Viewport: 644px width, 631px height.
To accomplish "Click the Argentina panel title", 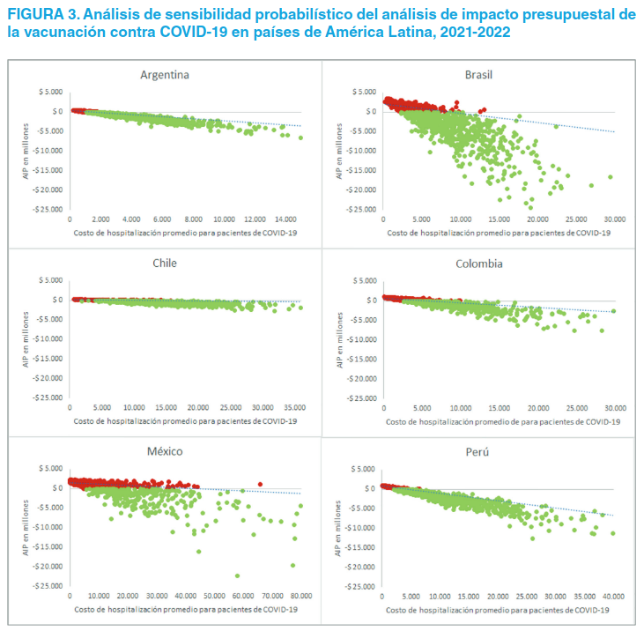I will tap(165, 74).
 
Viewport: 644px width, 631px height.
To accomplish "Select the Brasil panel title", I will tap(478, 74).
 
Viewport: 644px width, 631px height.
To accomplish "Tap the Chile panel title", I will tap(165, 263).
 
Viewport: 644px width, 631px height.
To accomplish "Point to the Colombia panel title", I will tap(478, 263).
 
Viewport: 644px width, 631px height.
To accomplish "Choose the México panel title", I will tap(165, 450).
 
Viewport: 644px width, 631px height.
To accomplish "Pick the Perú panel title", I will tap(478, 451).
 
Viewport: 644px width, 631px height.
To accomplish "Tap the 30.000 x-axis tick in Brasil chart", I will tap(614, 219).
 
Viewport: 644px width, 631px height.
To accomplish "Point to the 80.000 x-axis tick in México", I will tap(301, 596).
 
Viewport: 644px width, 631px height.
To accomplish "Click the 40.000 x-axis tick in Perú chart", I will tap(614, 596).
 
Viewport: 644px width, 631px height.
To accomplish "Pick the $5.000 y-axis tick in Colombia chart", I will tap(364, 280).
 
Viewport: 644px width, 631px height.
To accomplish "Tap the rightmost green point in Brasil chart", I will tap(610, 177).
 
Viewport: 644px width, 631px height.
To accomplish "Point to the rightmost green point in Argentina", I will tap(300, 137).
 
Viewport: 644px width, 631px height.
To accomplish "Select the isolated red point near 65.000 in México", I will tap(260, 484).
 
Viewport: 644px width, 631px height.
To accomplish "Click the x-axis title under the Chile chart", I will tap(185, 420).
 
